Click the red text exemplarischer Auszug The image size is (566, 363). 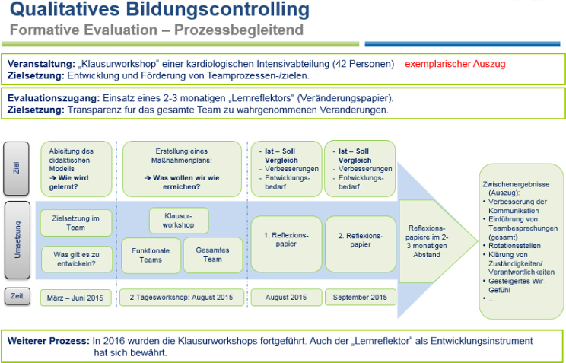tap(455, 65)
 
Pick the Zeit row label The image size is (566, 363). tap(16, 295)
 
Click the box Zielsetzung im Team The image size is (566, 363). tap(75, 223)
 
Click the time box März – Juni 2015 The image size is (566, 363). tap(75, 296)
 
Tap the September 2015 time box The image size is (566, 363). tap(359, 296)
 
